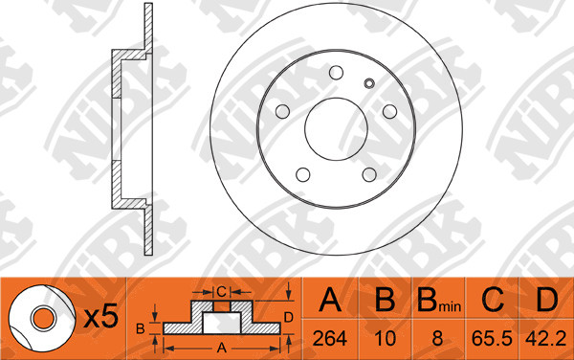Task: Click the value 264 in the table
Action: (329, 338)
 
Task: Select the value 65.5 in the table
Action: (492, 338)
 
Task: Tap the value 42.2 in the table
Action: (546, 338)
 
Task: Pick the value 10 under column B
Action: (386, 338)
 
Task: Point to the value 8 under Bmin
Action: (437, 338)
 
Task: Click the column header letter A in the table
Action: (330, 300)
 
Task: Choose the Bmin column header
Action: (439, 300)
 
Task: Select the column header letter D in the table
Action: (546, 300)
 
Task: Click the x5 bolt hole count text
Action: (101, 316)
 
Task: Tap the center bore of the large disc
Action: (336, 129)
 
